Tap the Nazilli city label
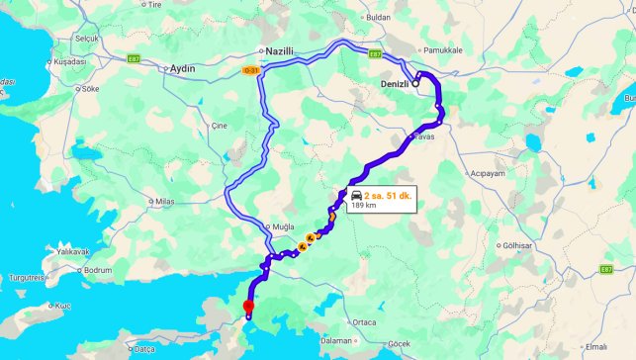point(281,50)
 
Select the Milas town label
point(163,201)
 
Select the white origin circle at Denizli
point(416,83)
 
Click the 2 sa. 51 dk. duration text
point(387,196)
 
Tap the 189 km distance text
point(364,206)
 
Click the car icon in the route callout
point(356,196)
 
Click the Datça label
point(145,349)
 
